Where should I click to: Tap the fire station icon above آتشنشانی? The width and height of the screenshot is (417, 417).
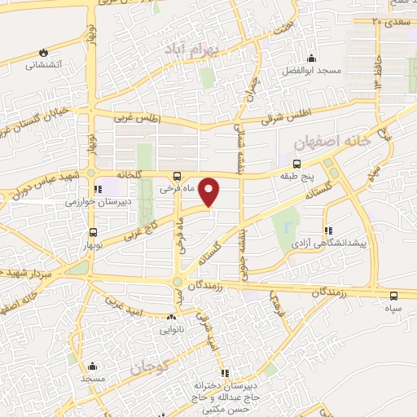coord(42,52)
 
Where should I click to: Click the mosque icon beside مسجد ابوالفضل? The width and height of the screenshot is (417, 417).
coord(310,58)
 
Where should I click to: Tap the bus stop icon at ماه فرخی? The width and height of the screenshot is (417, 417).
coord(177,175)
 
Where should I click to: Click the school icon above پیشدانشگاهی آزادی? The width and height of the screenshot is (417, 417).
coord(327,230)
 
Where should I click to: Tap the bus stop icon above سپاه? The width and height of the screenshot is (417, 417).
coord(394,296)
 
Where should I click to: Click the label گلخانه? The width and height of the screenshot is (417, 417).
coord(131,175)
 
